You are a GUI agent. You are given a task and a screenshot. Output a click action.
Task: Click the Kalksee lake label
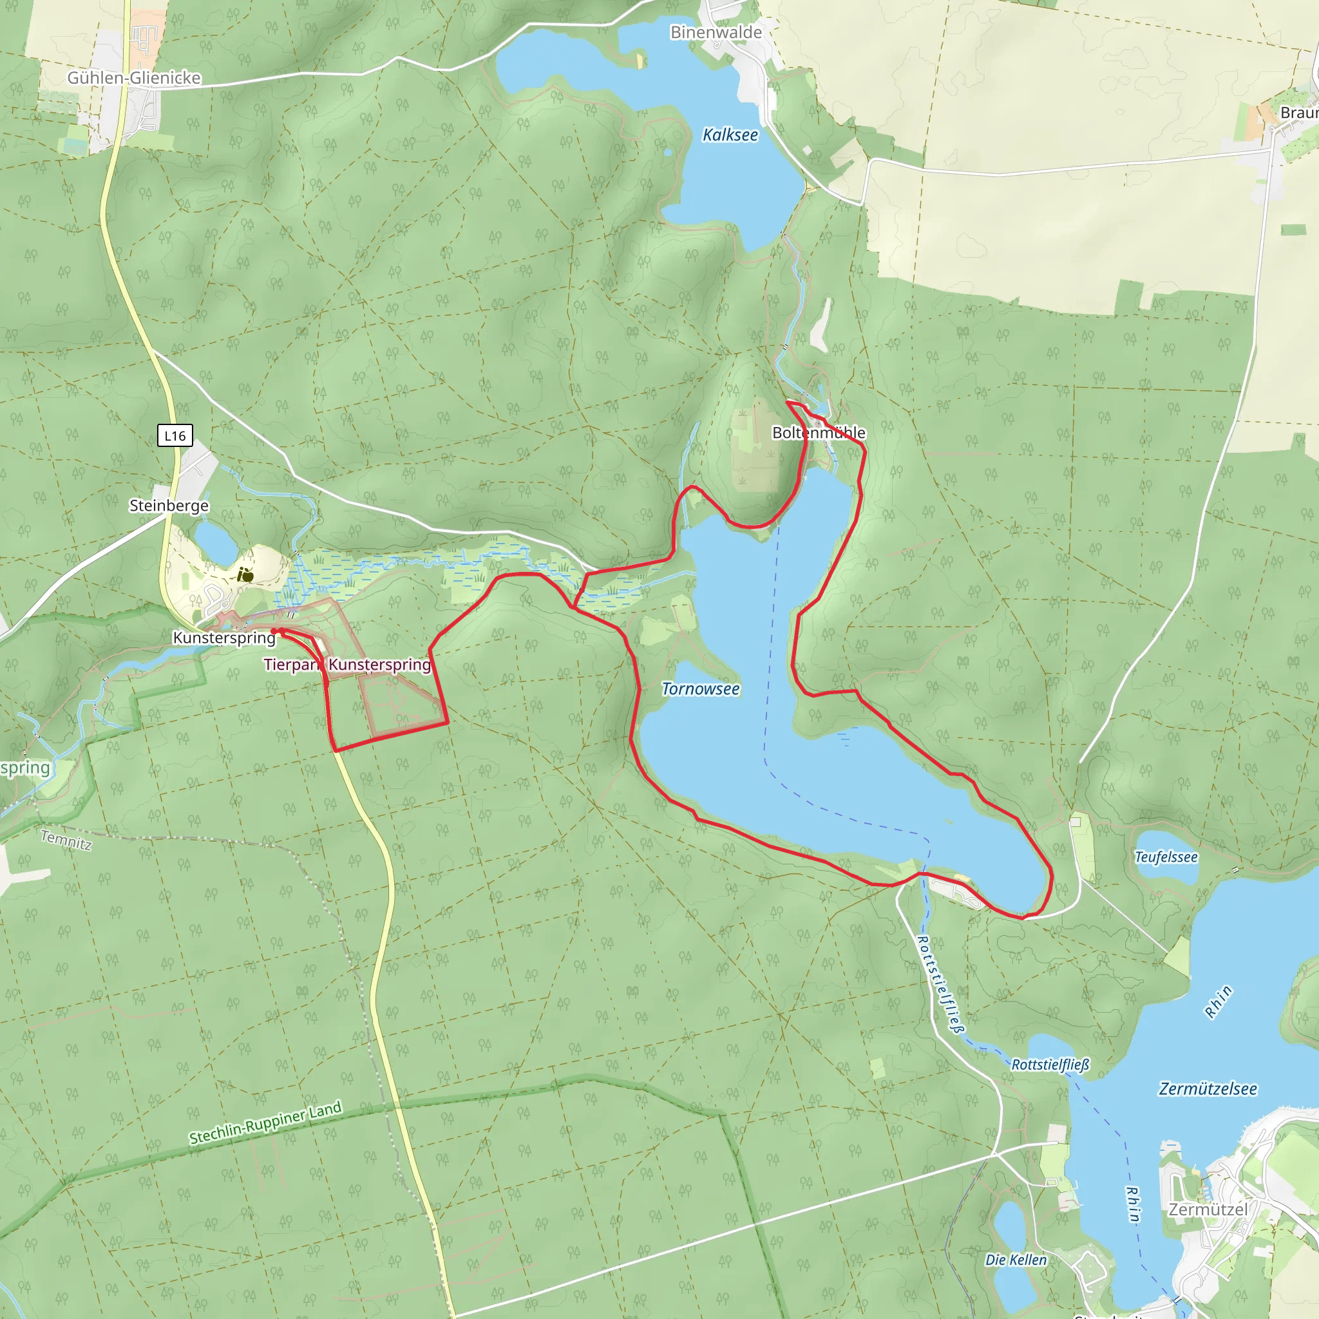tap(730, 135)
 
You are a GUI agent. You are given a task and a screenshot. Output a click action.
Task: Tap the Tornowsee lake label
tap(701, 689)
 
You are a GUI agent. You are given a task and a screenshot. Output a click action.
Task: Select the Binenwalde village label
tap(716, 32)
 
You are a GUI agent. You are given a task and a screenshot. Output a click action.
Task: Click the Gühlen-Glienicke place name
tap(134, 78)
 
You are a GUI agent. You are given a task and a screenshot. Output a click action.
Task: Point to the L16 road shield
tap(175, 435)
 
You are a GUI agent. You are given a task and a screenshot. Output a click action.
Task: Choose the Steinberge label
tap(169, 505)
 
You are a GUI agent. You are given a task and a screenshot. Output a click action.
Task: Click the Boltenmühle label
tap(818, 432)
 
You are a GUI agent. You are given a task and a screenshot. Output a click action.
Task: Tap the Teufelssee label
tap(1166, 857)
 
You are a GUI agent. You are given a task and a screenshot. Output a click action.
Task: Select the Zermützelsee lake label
tap(1208, 1088)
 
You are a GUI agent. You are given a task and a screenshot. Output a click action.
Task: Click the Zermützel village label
tap(1208, 1209)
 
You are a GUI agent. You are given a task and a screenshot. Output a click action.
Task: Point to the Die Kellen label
tap(1015, 1260)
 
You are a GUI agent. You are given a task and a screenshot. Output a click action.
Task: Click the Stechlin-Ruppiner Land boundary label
tap(265, 1123)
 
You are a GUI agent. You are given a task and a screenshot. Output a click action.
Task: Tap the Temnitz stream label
tap(66, 840)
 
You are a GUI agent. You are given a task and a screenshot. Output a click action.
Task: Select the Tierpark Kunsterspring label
tap(347, 664)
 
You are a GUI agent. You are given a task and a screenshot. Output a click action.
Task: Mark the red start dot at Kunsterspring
tap(274, 631)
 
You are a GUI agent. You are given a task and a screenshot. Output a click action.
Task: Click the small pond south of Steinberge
tap(215, 544)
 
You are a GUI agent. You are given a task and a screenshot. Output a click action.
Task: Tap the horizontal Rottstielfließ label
tap(1050, 1065)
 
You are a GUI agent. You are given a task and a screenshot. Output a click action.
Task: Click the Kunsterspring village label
tap(224, 638)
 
